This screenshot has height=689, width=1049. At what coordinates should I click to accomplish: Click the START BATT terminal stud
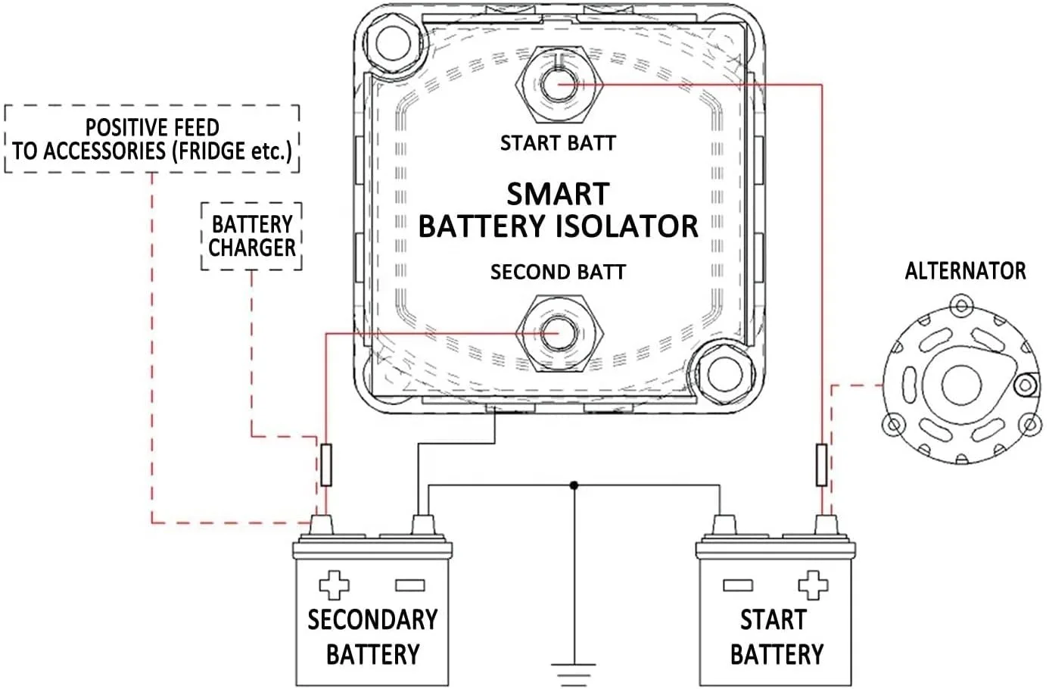(x=558, y=84)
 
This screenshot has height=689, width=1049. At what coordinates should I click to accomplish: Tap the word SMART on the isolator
(x=558, y=195)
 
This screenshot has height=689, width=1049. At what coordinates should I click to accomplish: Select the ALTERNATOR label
(x=965, y=271)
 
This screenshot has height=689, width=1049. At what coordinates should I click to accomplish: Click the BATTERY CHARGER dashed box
(x=252, y=236)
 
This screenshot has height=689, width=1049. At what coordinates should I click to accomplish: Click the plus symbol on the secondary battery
(x=334, y=585)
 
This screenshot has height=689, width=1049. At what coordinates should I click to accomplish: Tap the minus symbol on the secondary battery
(x=409, y=585)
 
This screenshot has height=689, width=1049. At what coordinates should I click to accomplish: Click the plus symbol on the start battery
(x=813, y=585)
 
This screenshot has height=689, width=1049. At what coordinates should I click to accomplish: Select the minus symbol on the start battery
(x=737, y=585)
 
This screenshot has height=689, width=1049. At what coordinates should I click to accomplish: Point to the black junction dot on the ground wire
(x=574, y=485)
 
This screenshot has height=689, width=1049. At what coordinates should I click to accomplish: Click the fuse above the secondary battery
(x=326, y=465)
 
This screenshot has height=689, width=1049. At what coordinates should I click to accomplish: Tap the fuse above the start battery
(x=821, y=465)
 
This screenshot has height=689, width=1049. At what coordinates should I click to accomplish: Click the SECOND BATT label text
(x=558, y=272)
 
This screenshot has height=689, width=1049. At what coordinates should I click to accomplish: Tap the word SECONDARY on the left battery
(x=372, y=619)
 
